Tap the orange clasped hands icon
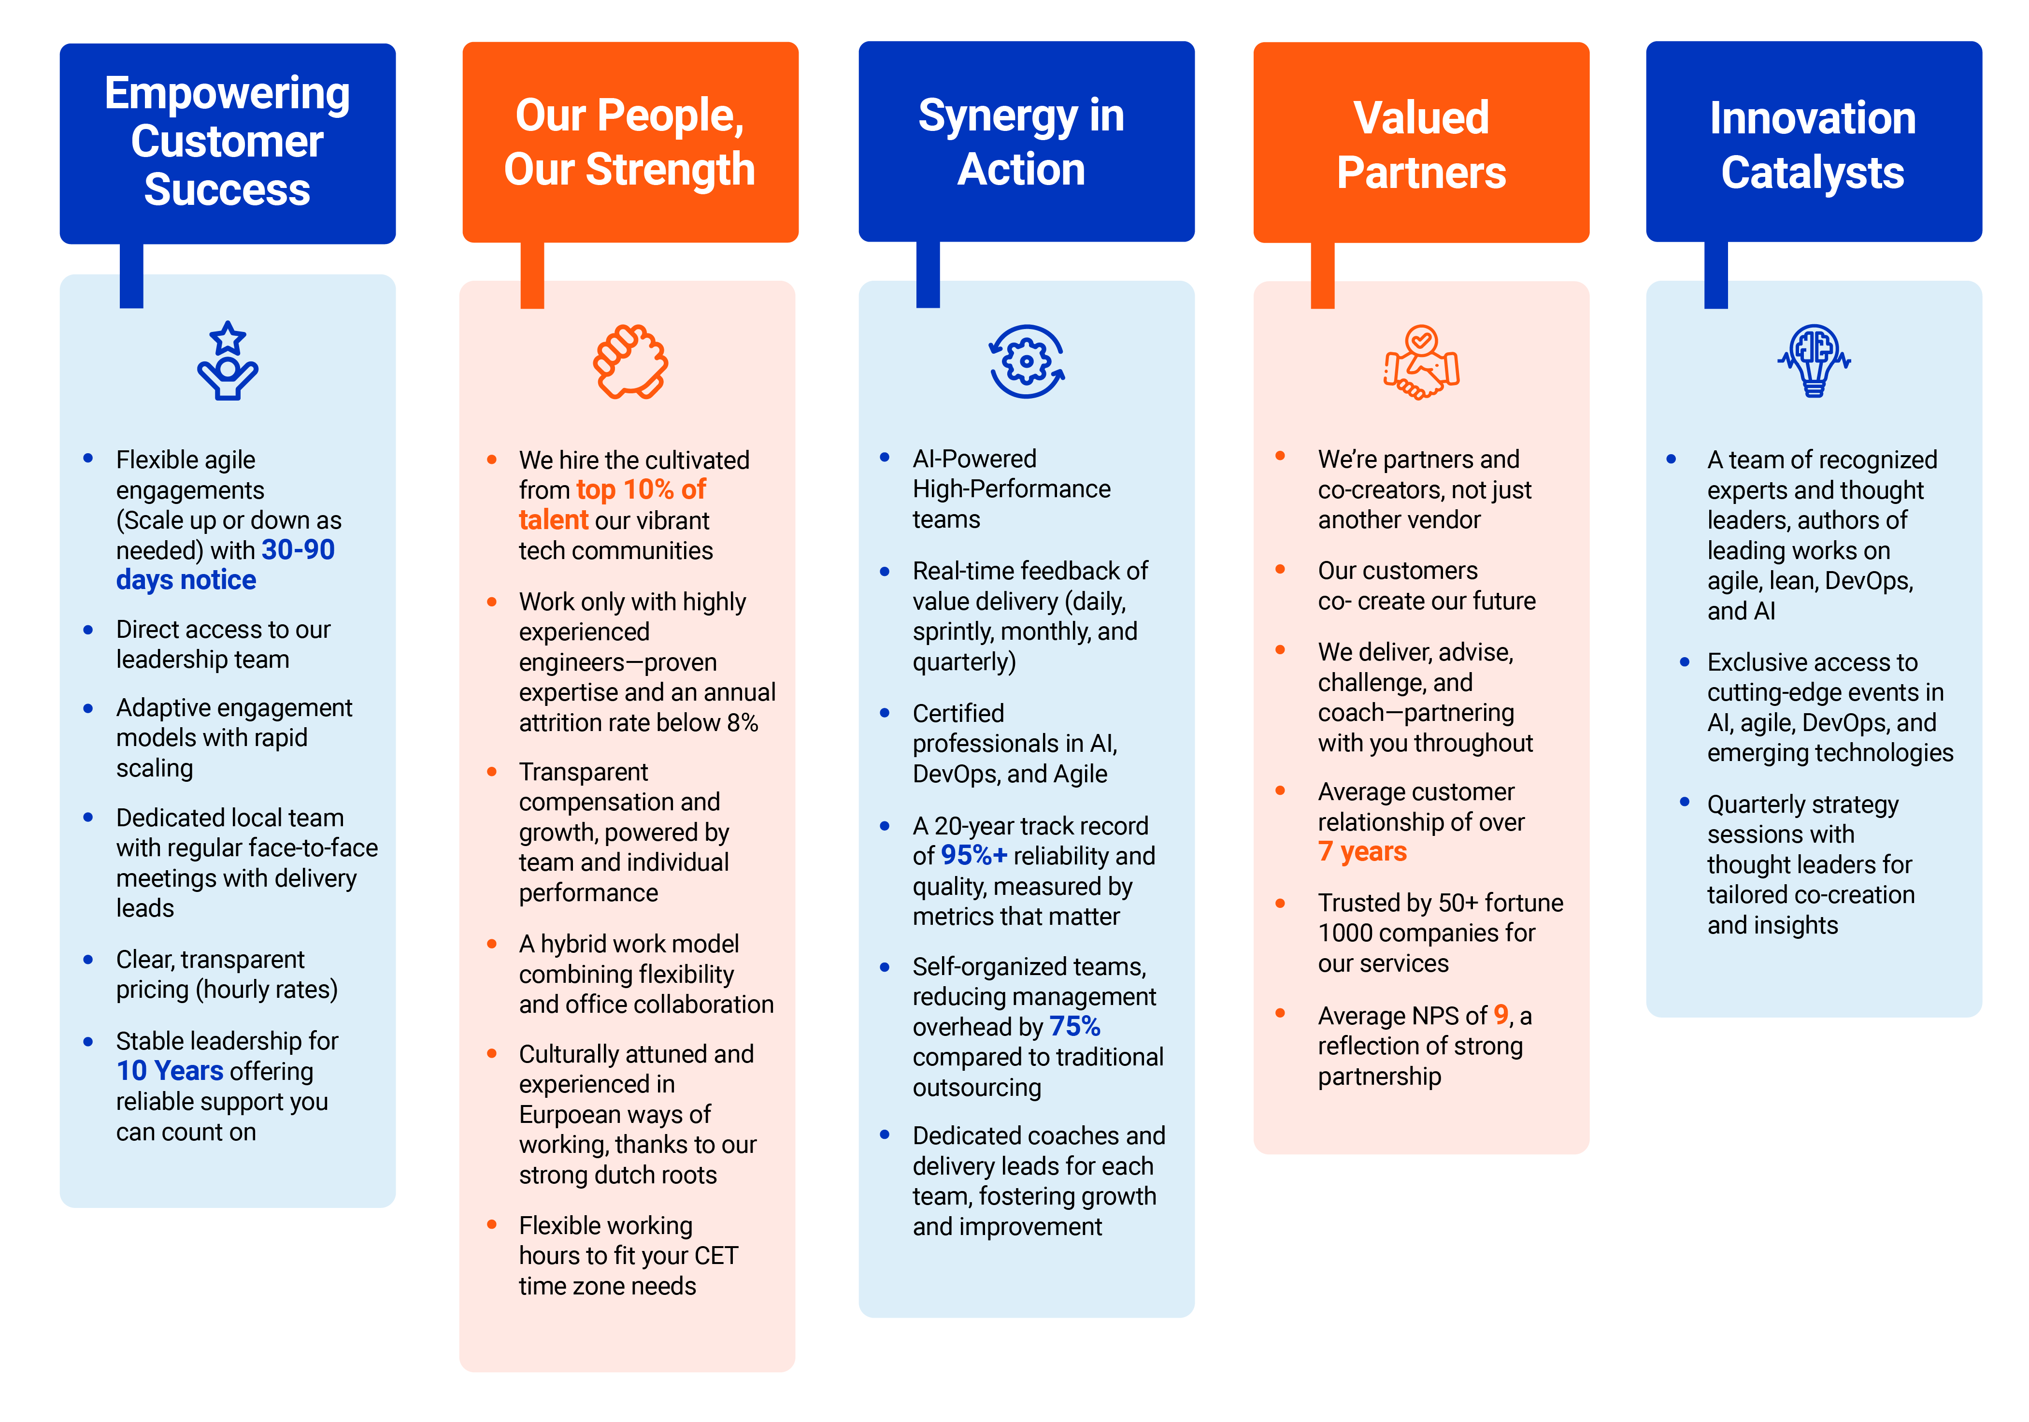630,361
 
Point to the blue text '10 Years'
170,1071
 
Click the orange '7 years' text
1362,852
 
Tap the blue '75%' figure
1074,1027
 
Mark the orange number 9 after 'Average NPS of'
1500,1016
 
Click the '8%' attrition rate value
743,723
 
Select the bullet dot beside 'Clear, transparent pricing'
87,960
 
